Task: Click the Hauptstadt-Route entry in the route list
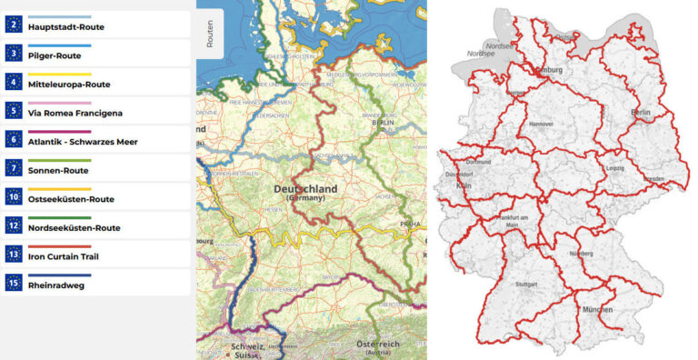[x=65, y=27]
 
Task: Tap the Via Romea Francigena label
[x=75, y=113]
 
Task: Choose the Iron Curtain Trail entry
[x=64, y=256]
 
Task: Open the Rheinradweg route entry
[x=55, y=285]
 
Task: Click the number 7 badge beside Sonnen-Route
[x=14, y=169]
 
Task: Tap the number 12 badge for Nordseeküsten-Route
[x=14, y=226]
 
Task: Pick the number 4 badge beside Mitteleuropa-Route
[x=14, y=84]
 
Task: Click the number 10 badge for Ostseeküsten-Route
[x=14, y=197]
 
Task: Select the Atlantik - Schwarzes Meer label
[x=83, y=142]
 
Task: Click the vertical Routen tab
[x=210, y=34]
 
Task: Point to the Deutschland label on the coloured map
[x=305, y=189]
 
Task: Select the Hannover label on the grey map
[x=542, y=122]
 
